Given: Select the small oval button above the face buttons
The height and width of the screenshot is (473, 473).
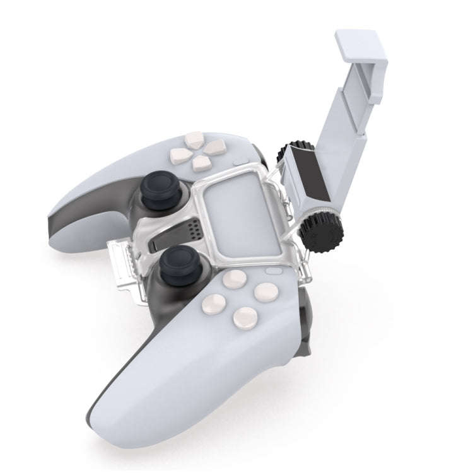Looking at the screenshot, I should click(274, 271).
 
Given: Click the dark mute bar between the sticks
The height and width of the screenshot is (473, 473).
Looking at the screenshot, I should click(170, 235).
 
